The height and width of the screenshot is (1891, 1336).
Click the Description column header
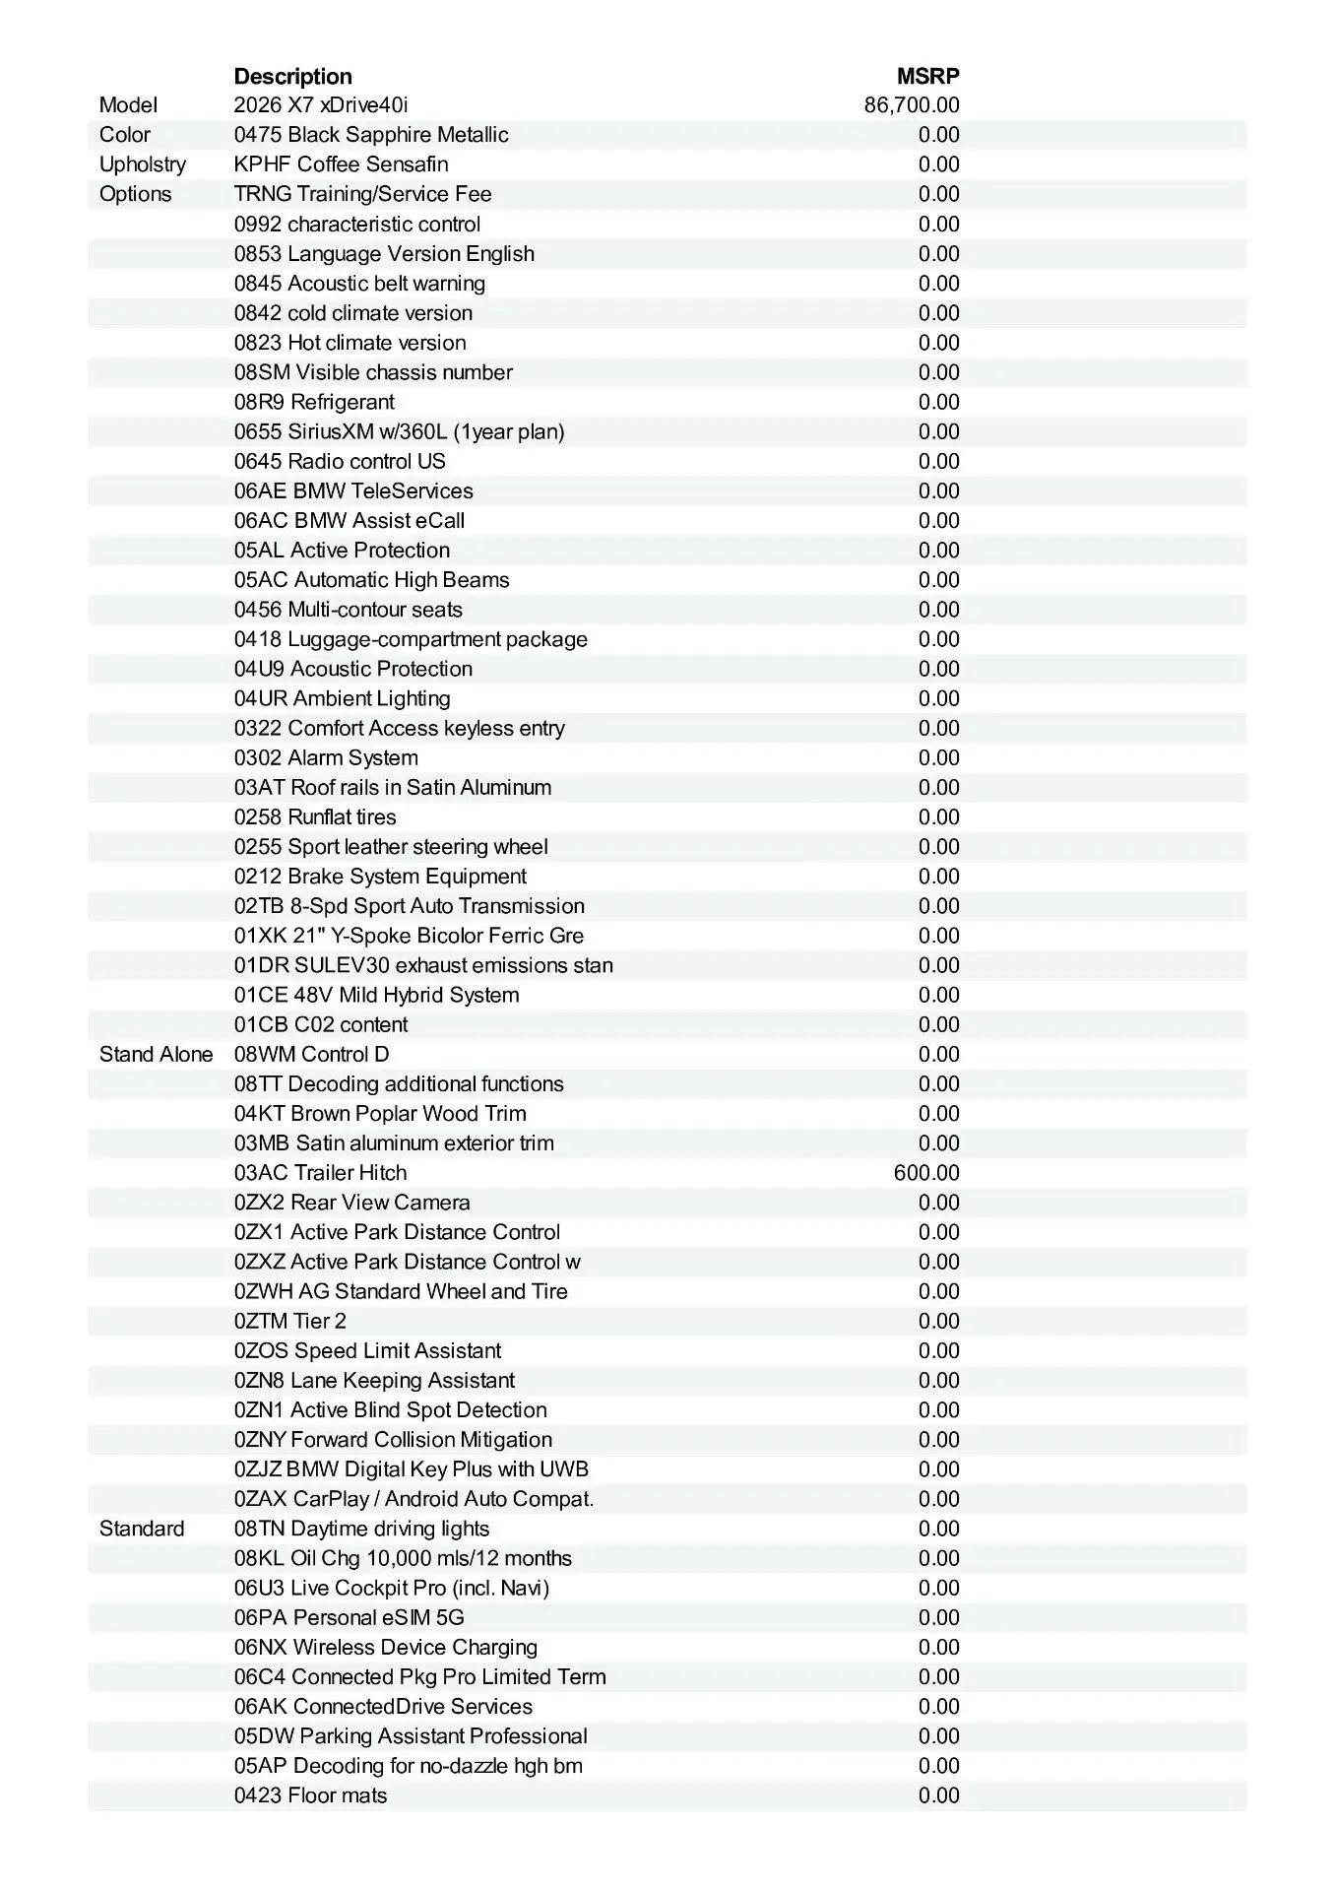pyautogui.click(x=292, y=76)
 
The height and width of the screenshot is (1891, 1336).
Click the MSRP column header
pyautogui.click(x=927, y=76)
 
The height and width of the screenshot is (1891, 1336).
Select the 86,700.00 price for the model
pyautogui.click(x=912, y=105)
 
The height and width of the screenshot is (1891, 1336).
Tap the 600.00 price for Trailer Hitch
pyautogui.click(x=926, y=1173)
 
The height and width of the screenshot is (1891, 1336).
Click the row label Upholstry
pyautogui.click(x=143, y=164)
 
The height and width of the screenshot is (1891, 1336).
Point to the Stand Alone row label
pyautogui.click(x=156, y=1055)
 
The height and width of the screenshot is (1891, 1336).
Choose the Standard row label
pyautogui.click(x=142, y=1529)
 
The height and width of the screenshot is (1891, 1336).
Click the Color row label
pyautogui.click(x=125, y=135)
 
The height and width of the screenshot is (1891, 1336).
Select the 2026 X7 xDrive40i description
pyautogui.click(x=321, y=105)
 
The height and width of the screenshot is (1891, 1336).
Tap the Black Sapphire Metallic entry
pyautogui.click(x=371, y=135)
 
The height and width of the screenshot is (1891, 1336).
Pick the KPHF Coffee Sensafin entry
pyautogui.click(x=341, y=164)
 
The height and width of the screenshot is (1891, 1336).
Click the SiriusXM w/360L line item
pyautogui.click(x=399, y=431)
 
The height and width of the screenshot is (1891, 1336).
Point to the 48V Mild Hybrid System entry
pyautogui.click(x=376, y=995)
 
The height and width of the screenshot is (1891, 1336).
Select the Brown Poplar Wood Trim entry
pyautogui.click(x=380, y=1114)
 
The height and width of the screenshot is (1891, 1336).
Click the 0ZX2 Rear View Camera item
pyautogui.click(x=351, y=1203)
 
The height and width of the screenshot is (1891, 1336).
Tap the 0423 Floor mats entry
pyautogui.click(x=310, y=1795)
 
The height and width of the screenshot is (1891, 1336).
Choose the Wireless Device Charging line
pyautogui.click(x=386, y=1647)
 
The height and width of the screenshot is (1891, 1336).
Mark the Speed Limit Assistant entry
pyautogui.click(x=367, y=1350)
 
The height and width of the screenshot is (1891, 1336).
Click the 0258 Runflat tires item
pyautogui.click(x=315, y=817)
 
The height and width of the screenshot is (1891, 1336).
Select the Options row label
pyautogui.click(x=135, y=194)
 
